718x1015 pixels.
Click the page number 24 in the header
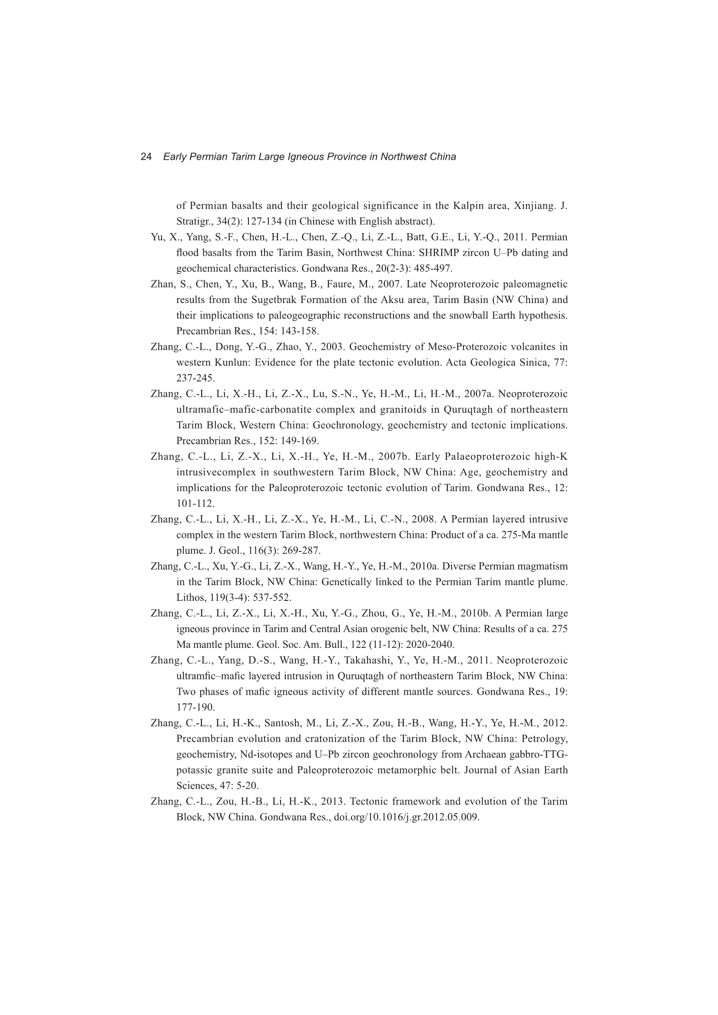coord(146,156)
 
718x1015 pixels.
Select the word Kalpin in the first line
coord(471,206)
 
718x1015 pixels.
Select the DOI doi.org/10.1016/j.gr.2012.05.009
coord(406,817)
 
